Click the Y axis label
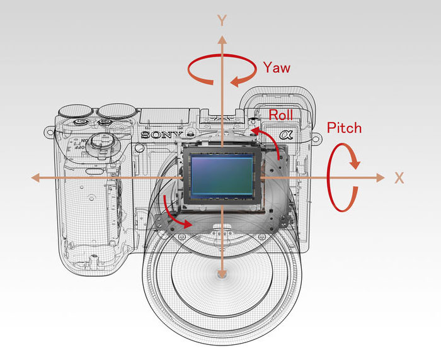[x=222, y=21]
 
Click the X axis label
[x=399, y=178]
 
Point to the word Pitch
[x=345, y=128]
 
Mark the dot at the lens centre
[x=221, y=274]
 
